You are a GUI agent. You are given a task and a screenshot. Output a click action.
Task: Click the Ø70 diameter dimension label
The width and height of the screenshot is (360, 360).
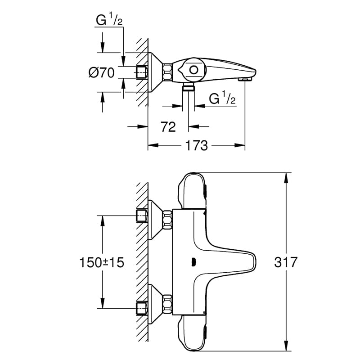102,73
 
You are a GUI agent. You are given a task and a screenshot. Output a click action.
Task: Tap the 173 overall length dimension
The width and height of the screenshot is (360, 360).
197,145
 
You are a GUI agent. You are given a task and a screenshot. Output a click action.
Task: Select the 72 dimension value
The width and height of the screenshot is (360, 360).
168,127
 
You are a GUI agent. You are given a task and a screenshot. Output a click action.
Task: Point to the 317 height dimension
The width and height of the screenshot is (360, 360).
286,262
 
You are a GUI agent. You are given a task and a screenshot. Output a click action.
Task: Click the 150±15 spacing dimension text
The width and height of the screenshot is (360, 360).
102,262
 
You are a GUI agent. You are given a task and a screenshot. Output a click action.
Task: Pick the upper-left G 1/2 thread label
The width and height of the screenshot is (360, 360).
109,19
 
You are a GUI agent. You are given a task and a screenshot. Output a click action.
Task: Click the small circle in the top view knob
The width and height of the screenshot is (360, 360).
194,70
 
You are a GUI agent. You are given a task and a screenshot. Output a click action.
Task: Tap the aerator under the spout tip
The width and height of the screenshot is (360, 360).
245,79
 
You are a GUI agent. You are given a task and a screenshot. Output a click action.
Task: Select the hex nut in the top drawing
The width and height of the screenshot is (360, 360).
167,72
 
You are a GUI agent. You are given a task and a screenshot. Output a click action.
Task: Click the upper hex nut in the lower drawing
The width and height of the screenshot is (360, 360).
167,220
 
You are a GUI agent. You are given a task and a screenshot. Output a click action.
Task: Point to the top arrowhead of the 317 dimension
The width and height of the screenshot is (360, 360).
286,178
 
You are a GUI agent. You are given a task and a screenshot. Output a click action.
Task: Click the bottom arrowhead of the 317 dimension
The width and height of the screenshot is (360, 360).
286,346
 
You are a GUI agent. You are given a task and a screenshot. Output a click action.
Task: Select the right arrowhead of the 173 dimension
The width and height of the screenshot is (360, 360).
240,145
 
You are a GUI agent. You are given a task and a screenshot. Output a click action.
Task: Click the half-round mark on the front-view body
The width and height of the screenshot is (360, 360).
193,262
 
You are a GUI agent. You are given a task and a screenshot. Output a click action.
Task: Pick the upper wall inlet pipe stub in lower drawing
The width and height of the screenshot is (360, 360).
142,216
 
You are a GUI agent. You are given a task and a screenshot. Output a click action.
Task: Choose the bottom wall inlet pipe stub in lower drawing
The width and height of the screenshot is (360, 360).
142,308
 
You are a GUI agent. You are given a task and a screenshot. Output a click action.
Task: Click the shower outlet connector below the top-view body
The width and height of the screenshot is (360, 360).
189,87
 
